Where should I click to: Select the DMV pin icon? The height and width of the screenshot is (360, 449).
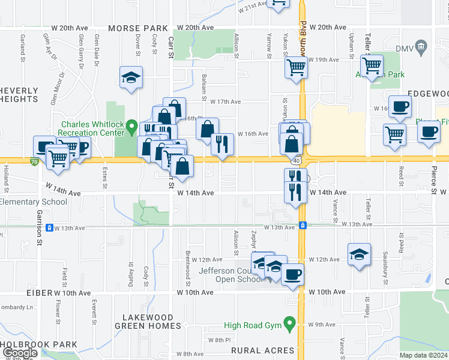click(x=421, y=46)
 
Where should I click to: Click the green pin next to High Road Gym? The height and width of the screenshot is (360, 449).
click(x=290, y=325)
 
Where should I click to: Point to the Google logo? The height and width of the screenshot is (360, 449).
click(x=19, y=353)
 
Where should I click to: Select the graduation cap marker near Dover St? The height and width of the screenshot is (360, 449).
click(x=131, y=77)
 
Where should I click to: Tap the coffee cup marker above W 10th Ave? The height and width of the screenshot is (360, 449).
click(x=292, y=275)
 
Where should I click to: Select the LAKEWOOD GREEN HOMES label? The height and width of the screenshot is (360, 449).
click(x=152, y=322)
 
